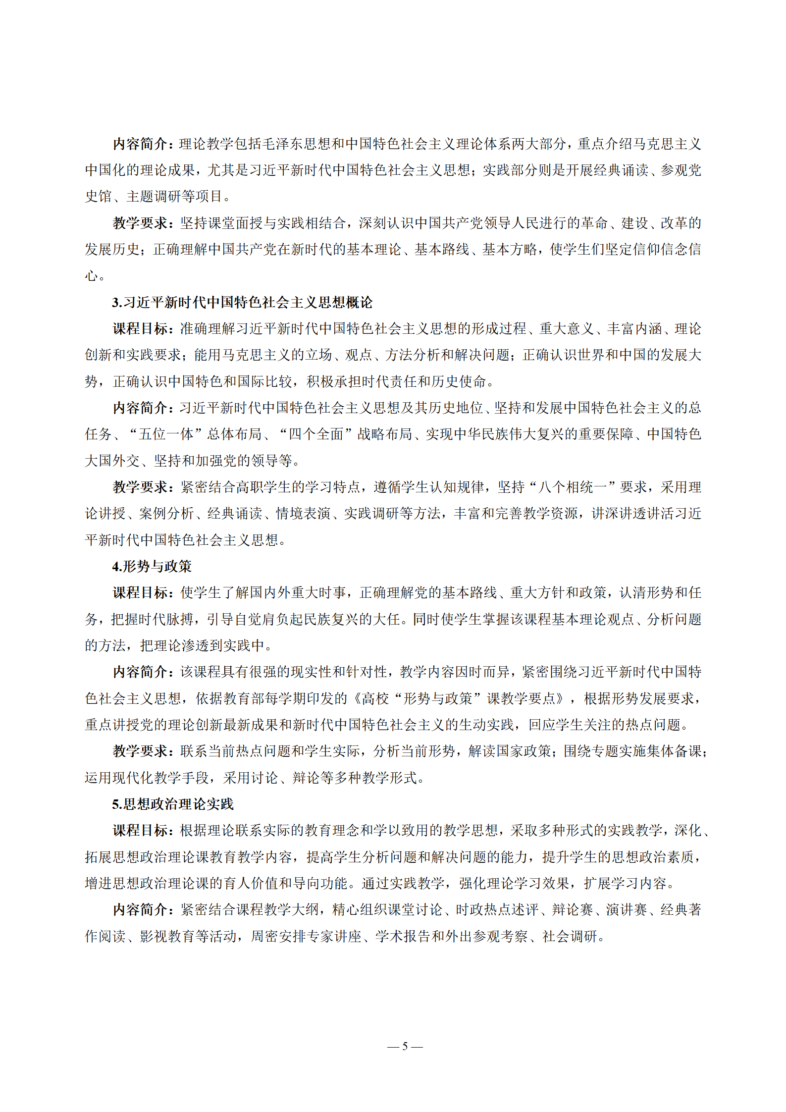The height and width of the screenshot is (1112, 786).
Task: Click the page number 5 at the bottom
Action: [x=405, y=1046]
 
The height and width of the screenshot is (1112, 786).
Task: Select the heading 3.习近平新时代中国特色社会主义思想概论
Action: [x=242, y=302]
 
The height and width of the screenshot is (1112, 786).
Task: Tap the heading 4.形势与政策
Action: [x=152, y=566]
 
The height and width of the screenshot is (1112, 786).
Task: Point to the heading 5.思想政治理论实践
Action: [x=173, y=804]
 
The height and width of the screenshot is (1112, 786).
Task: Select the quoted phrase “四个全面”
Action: [x=316, y=434]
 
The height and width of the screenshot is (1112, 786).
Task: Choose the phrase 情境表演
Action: [x=303, y=514]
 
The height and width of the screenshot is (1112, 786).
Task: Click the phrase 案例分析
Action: [x=166, y=514]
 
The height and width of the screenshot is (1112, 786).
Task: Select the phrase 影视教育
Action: [x=167, y=936]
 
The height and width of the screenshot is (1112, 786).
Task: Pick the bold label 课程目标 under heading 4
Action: [x=141, y=593]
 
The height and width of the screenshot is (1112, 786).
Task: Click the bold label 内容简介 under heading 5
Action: [x=141, y=910]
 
